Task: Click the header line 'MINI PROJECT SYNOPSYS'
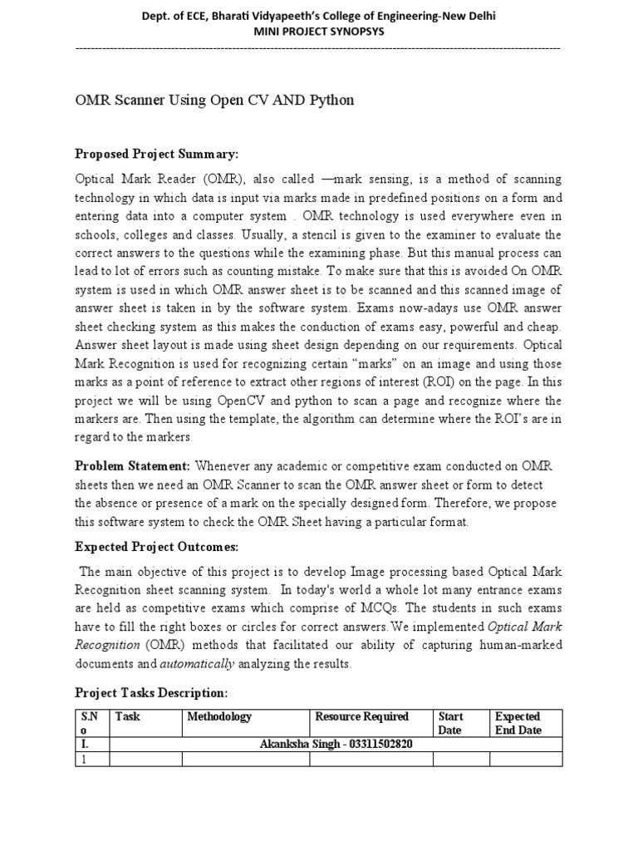click(x=318, y=32)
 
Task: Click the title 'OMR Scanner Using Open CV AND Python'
click(x=214, y=101)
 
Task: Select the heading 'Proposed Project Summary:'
click(x=157, y=154)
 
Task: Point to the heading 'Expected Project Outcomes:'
click(x=157, y=547)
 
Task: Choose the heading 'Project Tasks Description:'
click(x=151, y=692)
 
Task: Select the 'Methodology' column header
click(x=219, y=716)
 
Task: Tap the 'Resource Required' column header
click(x=362, y=716)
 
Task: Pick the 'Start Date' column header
click(x=450, y=723)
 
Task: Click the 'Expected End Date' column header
click(x=518, y=723)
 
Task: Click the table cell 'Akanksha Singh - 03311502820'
click(x=336, y=743)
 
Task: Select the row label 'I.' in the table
click(x=86, y=743)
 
